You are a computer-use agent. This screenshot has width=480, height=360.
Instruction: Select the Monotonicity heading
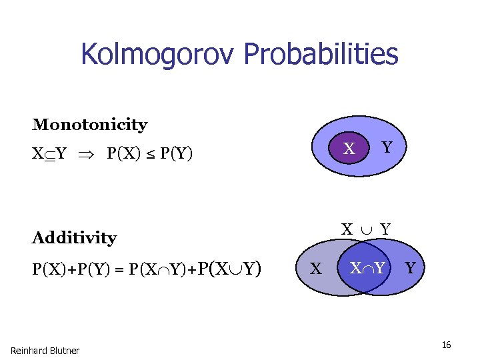[x=90, y=125]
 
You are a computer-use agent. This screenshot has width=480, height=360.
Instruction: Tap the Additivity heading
[x=74, y=237]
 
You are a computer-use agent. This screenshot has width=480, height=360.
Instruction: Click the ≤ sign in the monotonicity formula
[x=151, y=155]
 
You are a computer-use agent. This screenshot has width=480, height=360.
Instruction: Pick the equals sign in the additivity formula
[x=122, y=269]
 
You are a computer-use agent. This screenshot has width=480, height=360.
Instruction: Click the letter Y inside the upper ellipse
[x=385, y=145]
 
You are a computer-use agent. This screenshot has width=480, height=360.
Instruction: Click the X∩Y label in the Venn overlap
[x=368, y=269]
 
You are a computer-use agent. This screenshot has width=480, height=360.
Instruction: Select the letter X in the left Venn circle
[x=317, y=269]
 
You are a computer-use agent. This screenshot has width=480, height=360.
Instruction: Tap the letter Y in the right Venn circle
[x=410, y=268]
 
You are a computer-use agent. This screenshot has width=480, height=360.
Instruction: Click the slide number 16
[x=446, y=345]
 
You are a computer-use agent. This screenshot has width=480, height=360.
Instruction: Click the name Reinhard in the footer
[x=28, y=351]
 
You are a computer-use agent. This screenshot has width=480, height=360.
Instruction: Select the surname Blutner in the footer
[x=64, y=351]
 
